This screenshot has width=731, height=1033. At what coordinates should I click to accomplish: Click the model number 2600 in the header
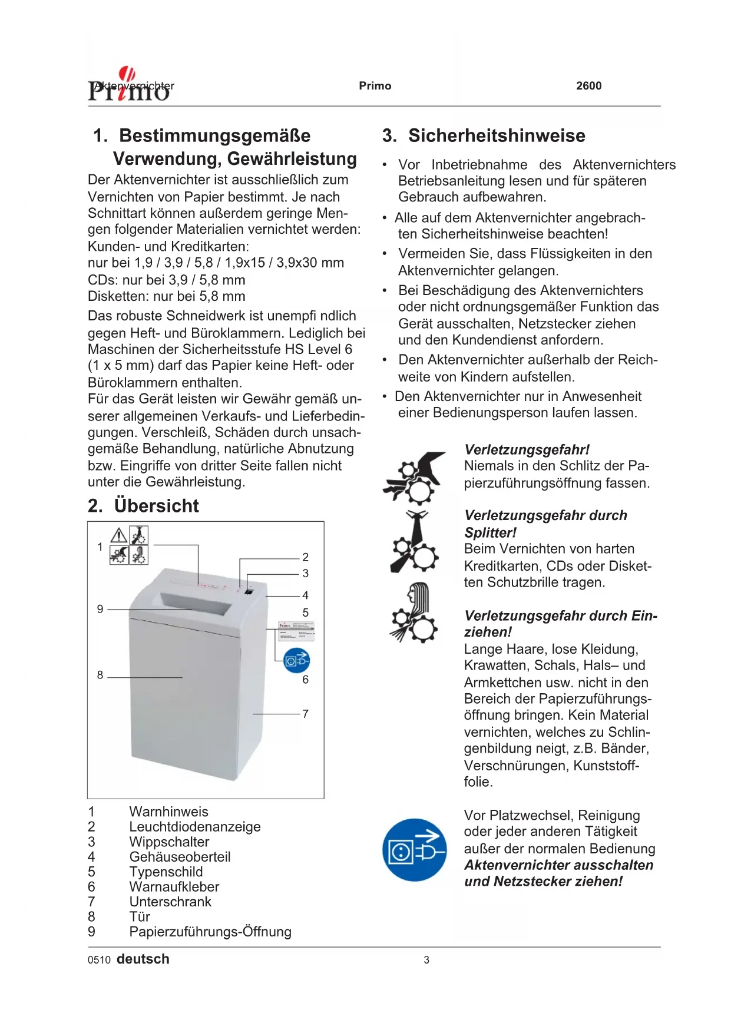click(588, 86)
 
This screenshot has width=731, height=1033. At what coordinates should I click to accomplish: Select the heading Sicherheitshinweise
click(497, 136)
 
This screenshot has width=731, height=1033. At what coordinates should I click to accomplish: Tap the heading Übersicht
click(156, 506)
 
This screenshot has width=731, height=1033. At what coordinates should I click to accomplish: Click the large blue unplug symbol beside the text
click(414, 849)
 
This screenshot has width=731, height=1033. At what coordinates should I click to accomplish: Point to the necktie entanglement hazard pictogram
click(415, 542)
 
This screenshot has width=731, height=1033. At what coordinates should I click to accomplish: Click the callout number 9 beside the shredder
click(100, 609)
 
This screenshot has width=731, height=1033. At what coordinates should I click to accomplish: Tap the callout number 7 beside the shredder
click(305, 714)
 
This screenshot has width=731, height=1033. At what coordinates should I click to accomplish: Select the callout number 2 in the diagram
click(305, 557)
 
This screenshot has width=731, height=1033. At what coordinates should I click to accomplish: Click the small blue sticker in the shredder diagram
click(296, 661)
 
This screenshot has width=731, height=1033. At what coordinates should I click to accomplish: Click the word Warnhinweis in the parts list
click(168, 812)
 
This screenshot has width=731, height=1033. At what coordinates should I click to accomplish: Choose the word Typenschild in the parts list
click(166, 872)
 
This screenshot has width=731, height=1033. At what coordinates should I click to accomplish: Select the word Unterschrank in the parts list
click(170, 902)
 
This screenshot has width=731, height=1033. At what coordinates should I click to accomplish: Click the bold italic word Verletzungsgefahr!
click(527, 450)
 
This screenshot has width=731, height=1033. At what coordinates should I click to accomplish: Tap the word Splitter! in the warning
click(490, 533)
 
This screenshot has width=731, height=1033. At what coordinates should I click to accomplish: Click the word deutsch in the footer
click(143, 959)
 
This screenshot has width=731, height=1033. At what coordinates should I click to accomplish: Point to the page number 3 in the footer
click(426, 960)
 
